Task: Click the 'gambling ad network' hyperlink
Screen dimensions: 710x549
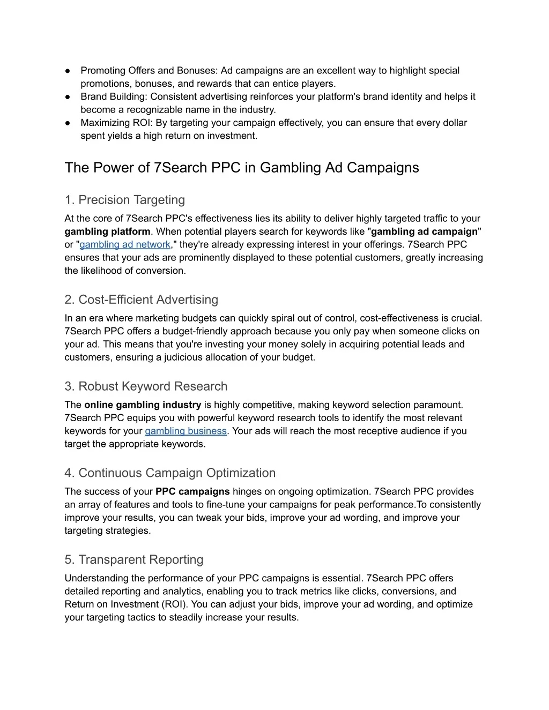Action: tap(125, 245)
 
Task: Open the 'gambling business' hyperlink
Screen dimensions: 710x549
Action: tap(186, 431)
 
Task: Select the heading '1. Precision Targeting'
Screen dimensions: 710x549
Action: tap(124, 200)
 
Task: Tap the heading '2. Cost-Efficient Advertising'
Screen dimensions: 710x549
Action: tap(141, 300)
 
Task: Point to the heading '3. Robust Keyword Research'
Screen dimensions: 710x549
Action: tap(146, 386)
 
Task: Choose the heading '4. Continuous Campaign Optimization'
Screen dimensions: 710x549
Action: tap(170, 473)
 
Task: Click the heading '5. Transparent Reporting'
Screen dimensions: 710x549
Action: tap(134, 560)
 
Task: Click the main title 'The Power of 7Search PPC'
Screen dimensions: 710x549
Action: tap(241, 168)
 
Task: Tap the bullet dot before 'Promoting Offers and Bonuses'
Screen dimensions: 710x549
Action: tap(69, 71)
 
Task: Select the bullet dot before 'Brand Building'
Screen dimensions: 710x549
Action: tap(69, 97)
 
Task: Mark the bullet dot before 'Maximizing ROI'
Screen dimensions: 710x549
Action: tap(69, 123)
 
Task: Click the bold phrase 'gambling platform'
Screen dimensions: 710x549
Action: tap(107, 232)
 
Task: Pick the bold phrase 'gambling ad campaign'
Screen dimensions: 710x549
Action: tap(424, 232)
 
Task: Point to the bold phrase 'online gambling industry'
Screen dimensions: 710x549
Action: tap(143, 405)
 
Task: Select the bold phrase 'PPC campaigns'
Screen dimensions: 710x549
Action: tap(192, 492)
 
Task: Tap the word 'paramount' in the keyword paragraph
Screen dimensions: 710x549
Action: tap(439, 405)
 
